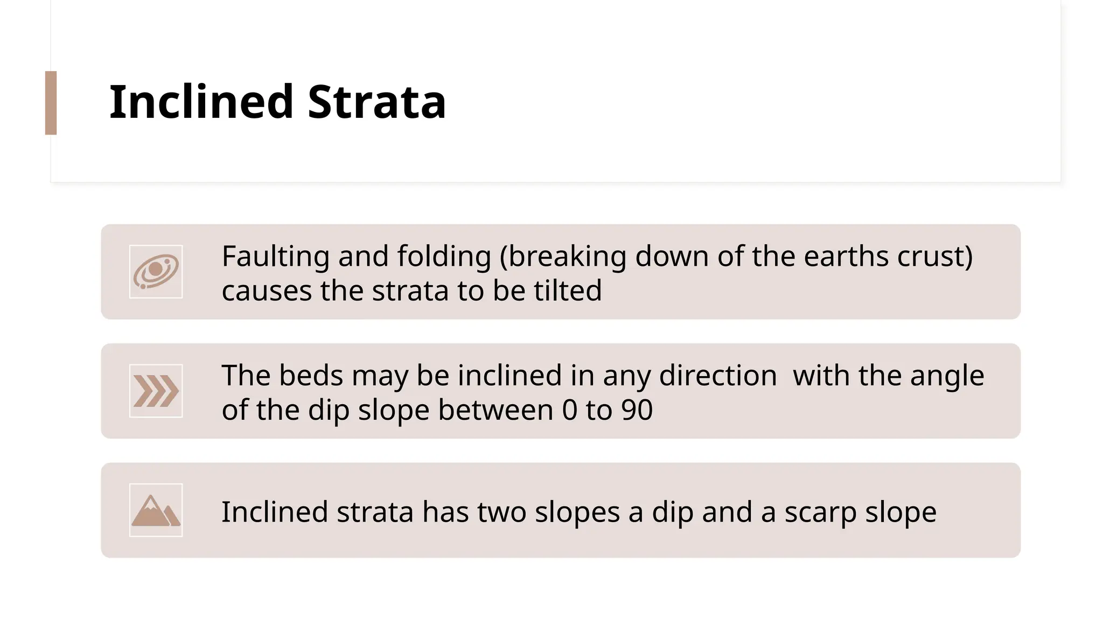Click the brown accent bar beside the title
(51, 103)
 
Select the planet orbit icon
(156, 272)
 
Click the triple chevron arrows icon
(156, 391)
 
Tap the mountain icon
(156, 510)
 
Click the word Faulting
(275, 256)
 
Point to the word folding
(444, 256)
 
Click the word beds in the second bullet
(311, 375)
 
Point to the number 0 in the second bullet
(569, 410)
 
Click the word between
(495, 410)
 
